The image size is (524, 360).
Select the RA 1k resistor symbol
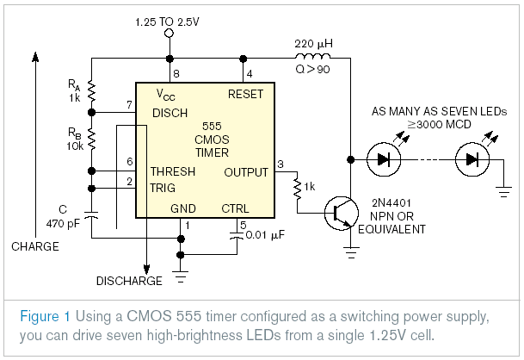point(91,91)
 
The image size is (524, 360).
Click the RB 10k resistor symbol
point(91,139)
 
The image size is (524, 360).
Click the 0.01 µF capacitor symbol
point(236,234)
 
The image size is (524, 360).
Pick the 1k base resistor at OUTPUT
point(298,186)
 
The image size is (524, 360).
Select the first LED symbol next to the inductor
point(383,158)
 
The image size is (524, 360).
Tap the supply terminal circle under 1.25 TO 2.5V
point(169,33)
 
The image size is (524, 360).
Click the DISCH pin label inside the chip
point(170,113)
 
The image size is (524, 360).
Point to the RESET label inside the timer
point(245,93)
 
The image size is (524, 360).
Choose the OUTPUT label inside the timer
point(246,172)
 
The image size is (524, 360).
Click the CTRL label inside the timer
point(235,208)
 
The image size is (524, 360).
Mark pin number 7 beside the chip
point(129,105)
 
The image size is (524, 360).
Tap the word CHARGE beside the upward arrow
point(35,246)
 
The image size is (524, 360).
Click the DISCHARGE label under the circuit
point(130,281)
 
